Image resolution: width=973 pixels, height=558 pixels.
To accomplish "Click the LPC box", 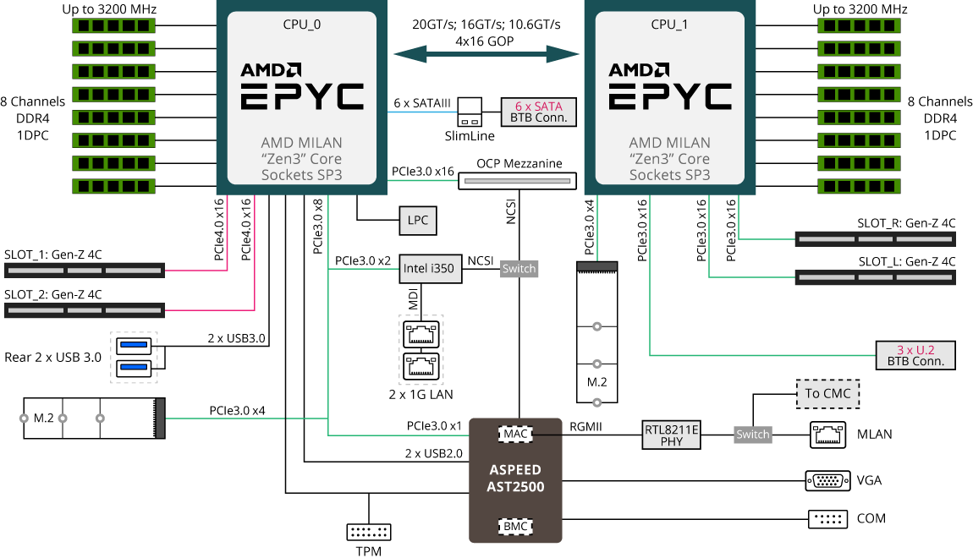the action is tap(418, 220).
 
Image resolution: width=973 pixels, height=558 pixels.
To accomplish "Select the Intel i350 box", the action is tap(430, 269).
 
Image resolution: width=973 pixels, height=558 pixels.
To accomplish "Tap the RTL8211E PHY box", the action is tap(672, 435).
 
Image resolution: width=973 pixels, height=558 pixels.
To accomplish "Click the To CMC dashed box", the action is tap(827, 394).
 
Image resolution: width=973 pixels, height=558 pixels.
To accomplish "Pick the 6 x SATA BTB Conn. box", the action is tap(539, 112).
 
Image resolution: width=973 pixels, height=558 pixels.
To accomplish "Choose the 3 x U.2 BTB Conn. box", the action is tap(915, 355).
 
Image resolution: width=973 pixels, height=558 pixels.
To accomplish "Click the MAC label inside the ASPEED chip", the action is tap(515, 434).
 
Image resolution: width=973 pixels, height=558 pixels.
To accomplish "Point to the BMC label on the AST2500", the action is tap(515, 527).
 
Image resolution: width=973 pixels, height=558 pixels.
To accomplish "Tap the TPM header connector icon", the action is tap(369, 532).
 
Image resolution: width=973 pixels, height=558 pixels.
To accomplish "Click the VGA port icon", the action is tap(827, 480).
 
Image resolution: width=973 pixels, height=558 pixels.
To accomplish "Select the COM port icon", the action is tap(827, 519).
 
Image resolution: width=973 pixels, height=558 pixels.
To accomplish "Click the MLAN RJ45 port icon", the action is tap(827, 435).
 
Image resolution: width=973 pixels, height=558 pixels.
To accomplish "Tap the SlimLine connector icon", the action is tap(470, 112).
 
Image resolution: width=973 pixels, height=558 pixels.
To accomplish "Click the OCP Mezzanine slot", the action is tap(518, 181).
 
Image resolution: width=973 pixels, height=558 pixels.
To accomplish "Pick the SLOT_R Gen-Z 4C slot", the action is tap(876, 238).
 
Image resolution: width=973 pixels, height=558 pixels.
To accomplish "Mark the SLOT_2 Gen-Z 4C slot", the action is tap(85, 310).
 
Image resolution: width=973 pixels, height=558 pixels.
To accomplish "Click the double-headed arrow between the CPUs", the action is tap(486, 54).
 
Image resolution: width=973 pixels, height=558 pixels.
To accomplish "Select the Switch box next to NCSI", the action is tap(519, 269).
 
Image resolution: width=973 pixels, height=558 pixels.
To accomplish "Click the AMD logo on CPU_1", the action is tap(639, 69).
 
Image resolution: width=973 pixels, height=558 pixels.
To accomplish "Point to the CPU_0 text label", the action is tap(301, 25).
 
